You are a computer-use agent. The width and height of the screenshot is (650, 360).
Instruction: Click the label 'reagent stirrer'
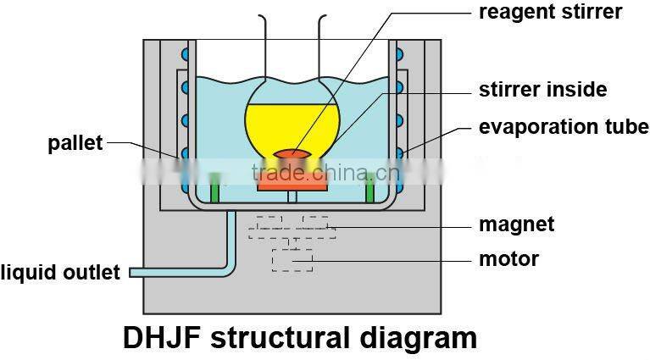click(550, 12)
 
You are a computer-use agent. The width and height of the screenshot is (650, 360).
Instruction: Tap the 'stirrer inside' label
click(542, 89)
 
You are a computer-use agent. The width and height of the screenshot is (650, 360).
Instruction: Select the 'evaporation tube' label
click(564, 127)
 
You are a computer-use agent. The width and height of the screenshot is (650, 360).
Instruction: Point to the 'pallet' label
click(75, 142)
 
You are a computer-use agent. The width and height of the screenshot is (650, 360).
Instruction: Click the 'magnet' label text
click(516, 224)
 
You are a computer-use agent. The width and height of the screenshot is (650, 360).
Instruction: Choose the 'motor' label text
click(508, 258)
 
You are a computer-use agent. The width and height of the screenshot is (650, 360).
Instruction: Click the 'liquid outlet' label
click(61, 273)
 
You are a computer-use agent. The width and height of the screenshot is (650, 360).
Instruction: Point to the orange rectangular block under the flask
click(292, 180)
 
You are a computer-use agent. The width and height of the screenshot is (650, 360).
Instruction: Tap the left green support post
click(214, 188)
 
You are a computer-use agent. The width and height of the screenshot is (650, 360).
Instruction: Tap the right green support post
click(370, 188)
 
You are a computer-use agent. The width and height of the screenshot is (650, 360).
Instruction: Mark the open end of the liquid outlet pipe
click(131, 272)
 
